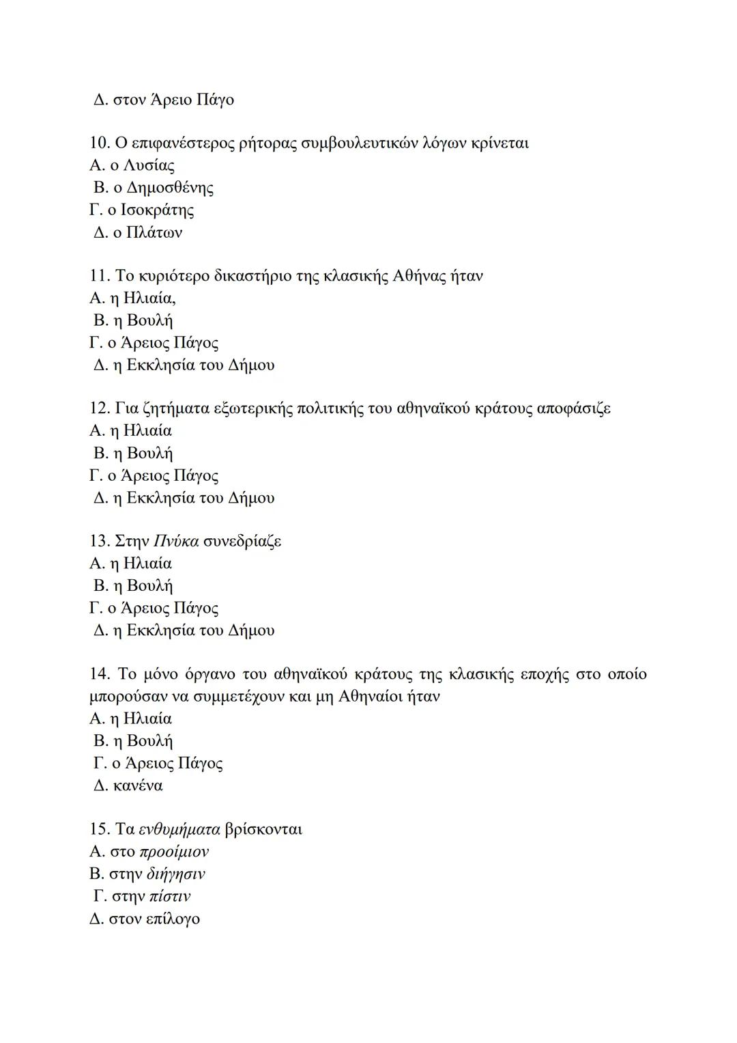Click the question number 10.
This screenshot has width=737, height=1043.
pos(99,143)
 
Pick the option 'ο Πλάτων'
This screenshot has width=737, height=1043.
pos(147,233)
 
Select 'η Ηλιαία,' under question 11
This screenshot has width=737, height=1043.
pos(143,298)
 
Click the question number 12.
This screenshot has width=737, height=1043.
pos(99,408)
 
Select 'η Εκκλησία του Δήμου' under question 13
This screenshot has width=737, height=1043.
pos(192,630)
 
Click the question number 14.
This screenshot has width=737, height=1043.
pos(99,675)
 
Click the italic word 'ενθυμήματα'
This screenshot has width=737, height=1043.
pos(179,830)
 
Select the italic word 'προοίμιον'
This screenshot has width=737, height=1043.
pos(173,852)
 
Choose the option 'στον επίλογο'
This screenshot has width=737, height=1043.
pos(154,919)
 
